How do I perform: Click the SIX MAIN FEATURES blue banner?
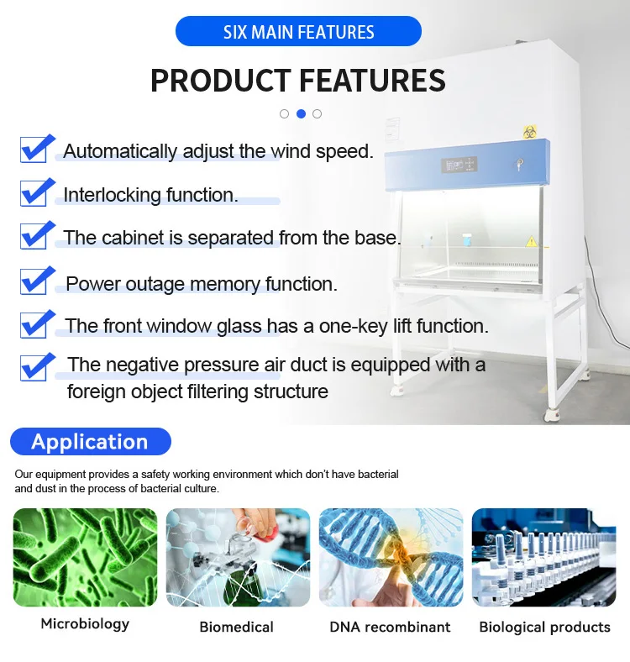point(298,32)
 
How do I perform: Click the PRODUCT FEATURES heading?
point(298,81)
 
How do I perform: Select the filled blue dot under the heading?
point(301,113)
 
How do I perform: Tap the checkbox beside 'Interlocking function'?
point(36,192)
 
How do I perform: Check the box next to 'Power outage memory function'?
point(36,280)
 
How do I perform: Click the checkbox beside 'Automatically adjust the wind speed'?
point(36,148)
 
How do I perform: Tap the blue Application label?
point(90,442)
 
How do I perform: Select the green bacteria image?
point(85,557)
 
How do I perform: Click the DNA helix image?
point(391,557)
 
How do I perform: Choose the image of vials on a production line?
point(543,557)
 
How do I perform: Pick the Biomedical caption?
point(236,627)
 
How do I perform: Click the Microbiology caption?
point(85,623)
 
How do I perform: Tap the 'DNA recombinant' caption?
point(390,627)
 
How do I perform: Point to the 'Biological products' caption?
point(544,627)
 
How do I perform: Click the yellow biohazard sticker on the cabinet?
point(530,132)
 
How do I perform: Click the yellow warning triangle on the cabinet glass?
point(531,241)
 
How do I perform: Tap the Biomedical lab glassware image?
point(238,557)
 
